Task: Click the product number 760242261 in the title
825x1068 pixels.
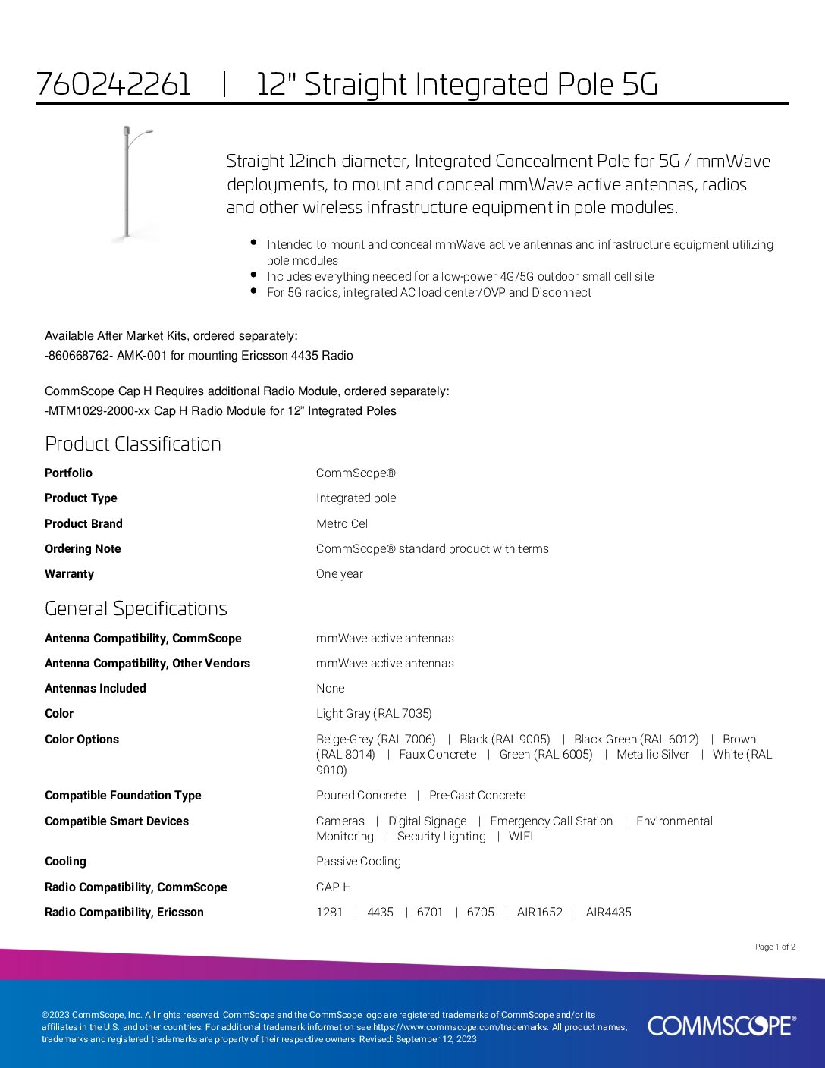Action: [114, 84]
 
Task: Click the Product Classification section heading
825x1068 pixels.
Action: [133, 444]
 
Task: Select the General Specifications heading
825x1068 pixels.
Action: [136, 608]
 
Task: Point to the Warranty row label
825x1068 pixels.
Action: [69, 574]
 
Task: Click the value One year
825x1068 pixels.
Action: [339, 574]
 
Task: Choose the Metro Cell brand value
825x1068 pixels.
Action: [343, 523]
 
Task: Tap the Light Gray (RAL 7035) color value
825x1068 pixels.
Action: [374, 714]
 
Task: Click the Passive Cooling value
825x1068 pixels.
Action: [358, 862]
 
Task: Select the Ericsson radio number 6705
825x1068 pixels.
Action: [480, 913]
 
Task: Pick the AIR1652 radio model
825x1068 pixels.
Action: [539, 913]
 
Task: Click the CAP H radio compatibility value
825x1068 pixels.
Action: [333, 887]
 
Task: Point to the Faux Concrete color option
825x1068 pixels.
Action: [438, 755]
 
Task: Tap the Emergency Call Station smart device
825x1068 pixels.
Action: [551, 821]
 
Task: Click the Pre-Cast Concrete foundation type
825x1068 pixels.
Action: [477, 796]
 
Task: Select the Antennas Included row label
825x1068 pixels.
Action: [95, 689]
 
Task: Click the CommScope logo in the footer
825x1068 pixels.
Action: [721, 1026]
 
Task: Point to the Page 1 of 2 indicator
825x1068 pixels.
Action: [775, 947]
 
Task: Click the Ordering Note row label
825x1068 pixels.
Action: [83, 549]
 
